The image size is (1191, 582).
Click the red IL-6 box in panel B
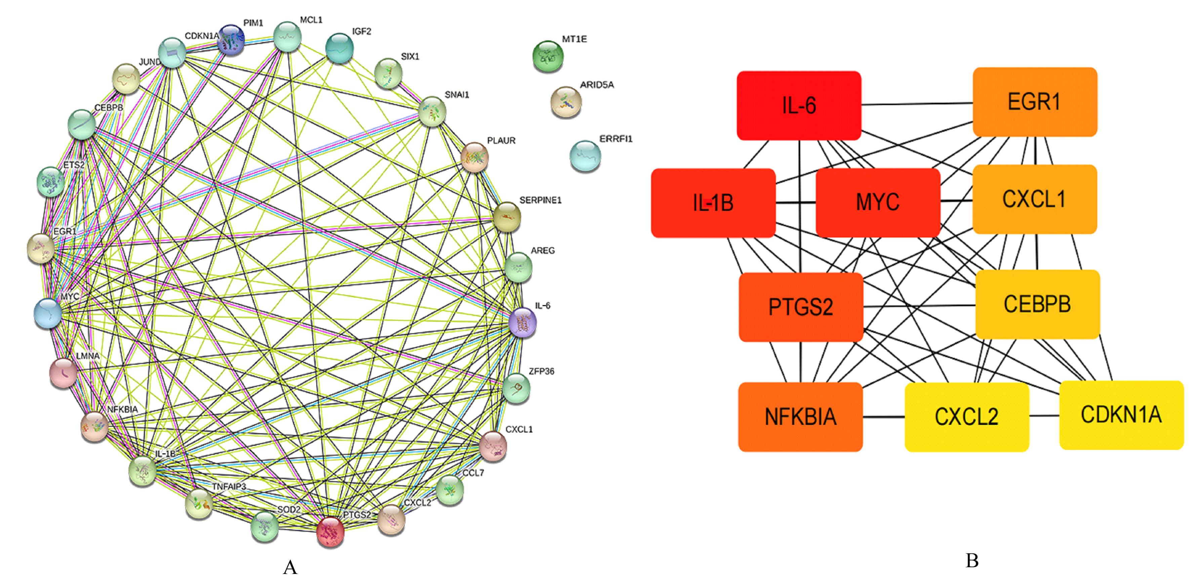798,105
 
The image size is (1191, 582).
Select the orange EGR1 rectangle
1035,102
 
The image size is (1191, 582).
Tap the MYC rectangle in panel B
877,202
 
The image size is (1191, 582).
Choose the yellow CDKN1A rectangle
1121,415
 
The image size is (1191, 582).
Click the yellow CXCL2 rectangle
966,417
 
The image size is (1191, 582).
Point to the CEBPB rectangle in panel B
1037,304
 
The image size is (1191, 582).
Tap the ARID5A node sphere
566,102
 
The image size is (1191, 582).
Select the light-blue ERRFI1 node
585,156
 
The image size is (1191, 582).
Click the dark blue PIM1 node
231,40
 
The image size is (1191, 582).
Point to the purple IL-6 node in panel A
522,322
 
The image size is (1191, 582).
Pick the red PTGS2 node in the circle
330,532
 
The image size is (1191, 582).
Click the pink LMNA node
63,372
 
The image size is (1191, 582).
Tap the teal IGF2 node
340,48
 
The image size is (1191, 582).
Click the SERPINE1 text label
540,200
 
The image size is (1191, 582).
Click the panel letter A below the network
290,567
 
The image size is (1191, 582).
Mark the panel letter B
972,561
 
